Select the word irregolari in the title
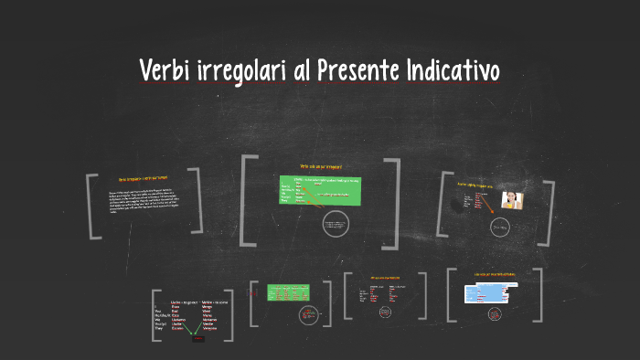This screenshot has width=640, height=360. coord(241,70)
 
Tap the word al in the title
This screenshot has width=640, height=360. coord(301,69)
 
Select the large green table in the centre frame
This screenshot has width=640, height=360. coord(320,191)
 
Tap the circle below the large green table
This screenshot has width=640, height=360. coord(336,225)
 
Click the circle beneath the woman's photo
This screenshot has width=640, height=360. coord(500,227)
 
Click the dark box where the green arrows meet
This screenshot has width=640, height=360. coord(197,338)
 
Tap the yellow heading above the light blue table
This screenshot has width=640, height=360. coord(495,274)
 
